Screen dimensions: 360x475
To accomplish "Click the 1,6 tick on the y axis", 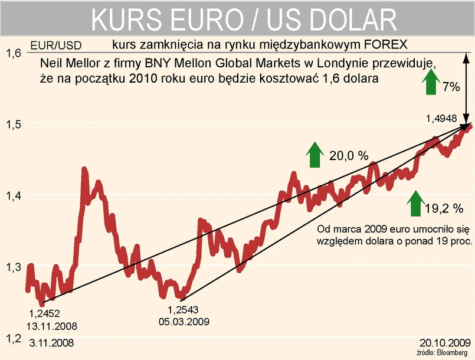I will pyautogui.click(x=14, y=53).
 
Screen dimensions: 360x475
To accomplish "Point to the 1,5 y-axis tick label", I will pyautogui.click(x=14, y=125).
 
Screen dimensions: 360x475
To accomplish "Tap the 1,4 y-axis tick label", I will pyautogui.click(x=14, y=196).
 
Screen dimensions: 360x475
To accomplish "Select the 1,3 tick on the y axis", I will pyautogui.click(x=14, y=267).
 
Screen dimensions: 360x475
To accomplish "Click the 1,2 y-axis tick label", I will pyautogui.click(x=14, y=339).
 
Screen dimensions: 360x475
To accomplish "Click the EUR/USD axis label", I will pyautogui.click(x=57, y=44).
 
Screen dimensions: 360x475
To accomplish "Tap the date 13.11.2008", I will pyautogui.click(x=52, y=325).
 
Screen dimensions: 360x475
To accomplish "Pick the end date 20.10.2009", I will pyautogui.click(x=445, y=342).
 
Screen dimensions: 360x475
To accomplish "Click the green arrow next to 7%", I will pyautogui.click(x=431, y=83).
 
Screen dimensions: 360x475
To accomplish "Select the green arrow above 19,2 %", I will pyautogui.click(x=417, y=204).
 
